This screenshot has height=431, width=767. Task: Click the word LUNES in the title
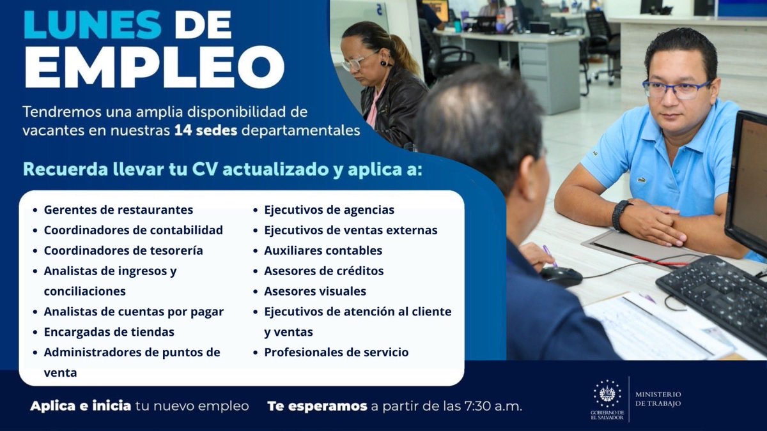pos(92,25)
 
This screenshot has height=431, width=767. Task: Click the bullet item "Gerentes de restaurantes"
pos(118,209)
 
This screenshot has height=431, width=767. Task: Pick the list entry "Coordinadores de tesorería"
pos(123,250)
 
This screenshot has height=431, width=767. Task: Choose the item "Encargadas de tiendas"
pos(109,332)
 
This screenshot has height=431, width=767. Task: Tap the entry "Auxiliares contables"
pos(323,250)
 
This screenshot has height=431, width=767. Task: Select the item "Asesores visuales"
pos(315,291)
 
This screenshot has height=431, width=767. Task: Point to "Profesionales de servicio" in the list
pos(336,352)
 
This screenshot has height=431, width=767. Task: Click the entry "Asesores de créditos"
pos(324,271)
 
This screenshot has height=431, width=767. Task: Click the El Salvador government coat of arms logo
pos(607,395)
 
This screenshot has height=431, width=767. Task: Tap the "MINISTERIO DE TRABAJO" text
pos(658,399)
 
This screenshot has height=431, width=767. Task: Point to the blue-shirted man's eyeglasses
pos(675,89)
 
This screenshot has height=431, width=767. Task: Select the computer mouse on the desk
pos(561,276)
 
